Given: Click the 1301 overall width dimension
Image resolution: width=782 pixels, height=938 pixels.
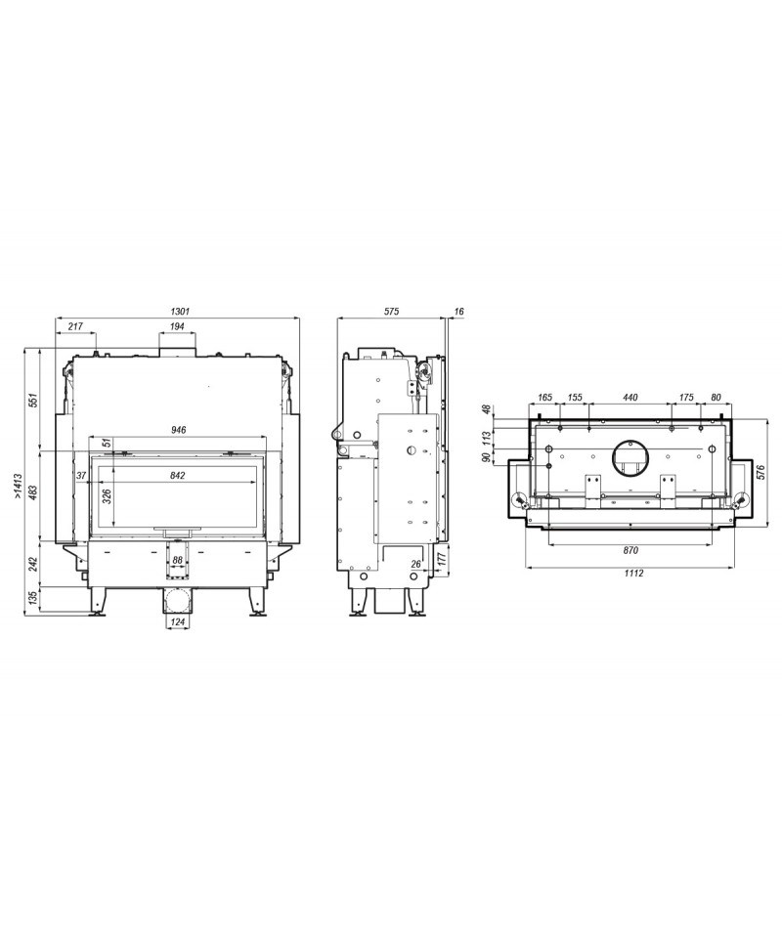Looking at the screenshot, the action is click(x=180, y=311).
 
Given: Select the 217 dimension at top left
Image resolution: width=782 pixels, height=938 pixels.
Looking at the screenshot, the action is click(x=75, y=326).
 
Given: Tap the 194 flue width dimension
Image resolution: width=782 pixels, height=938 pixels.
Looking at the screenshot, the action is click(x=177, y=326).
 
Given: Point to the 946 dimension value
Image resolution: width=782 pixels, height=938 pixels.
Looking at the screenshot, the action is click(x=179, y=430).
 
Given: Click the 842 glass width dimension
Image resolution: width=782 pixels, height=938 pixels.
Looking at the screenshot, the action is click(x=178, y=476).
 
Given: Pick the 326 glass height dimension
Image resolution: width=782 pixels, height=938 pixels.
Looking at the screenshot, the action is click(x=108, y=497).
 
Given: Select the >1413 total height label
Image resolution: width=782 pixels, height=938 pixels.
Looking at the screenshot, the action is click(x=18, y=486).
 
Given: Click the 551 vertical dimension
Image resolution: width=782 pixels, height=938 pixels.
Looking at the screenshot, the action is click(x=34, y=401).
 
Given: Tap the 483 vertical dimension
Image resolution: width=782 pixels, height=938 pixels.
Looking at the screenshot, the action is click(x=34, y=492).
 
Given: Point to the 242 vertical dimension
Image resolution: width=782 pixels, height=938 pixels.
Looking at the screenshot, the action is click(x=34, y=564).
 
